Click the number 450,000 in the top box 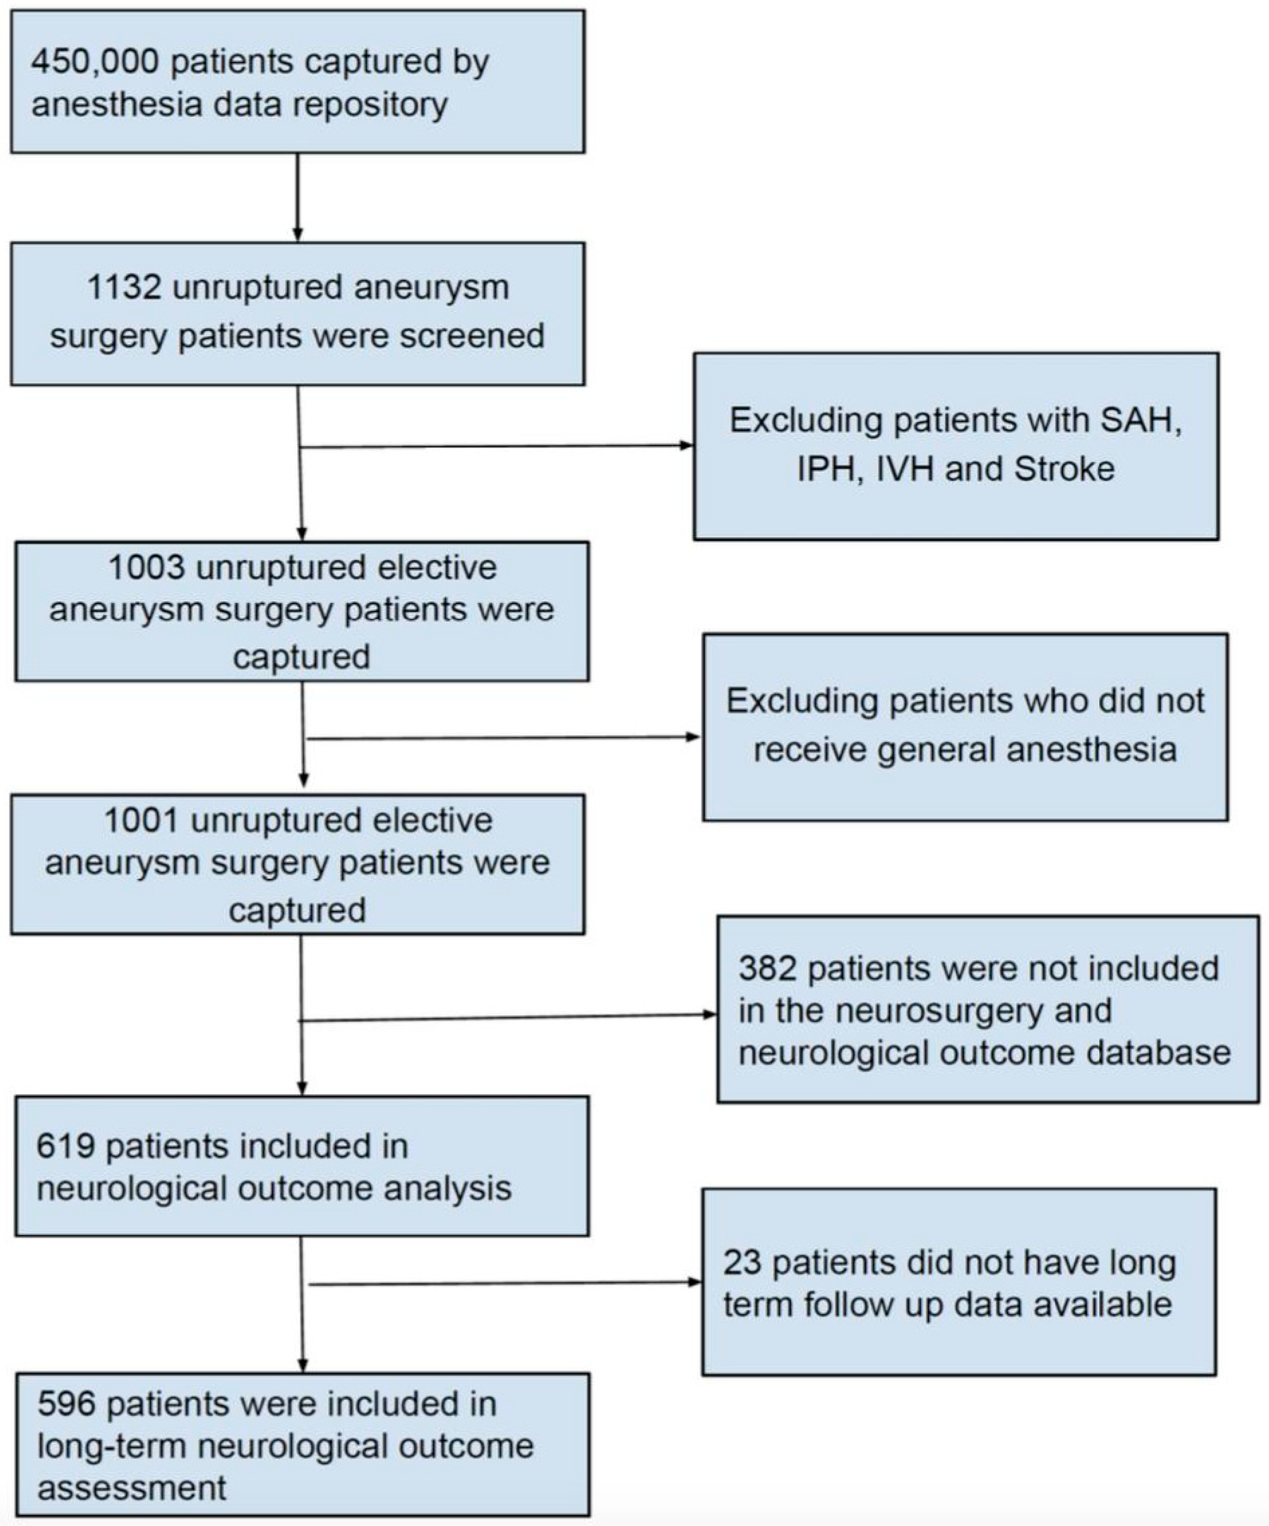click(94, 62)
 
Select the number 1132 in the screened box click(123, 287)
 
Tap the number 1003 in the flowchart click(146, 568)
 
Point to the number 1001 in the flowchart click(141, 821)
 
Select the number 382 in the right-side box click(767, 969)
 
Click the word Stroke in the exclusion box click(1064, 469)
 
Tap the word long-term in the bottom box click(113, 1446)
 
